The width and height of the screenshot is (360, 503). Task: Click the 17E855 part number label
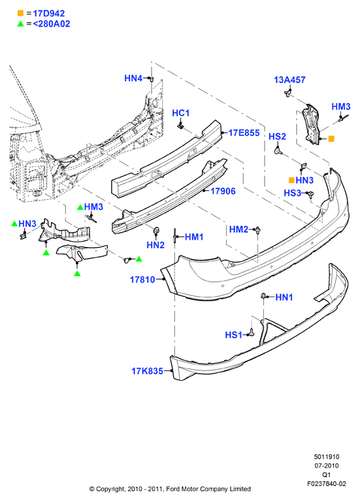(x=244, y=133)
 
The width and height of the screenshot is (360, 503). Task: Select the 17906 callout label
(x=223, y=191)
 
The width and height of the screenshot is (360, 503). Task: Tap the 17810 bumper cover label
(x=142, y=280)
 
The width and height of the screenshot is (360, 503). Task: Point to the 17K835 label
(x=147, y=371)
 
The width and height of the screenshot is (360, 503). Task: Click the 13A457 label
(x=289, y=80)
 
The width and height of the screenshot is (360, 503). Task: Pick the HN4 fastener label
(x=133, y=78)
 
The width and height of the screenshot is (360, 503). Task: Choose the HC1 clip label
(x=180, y=113)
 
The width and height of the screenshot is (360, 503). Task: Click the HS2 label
(x=277, y=137)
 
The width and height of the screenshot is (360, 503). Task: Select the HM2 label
(x=238, y=229)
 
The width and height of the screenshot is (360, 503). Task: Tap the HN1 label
(x=284, y=297)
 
